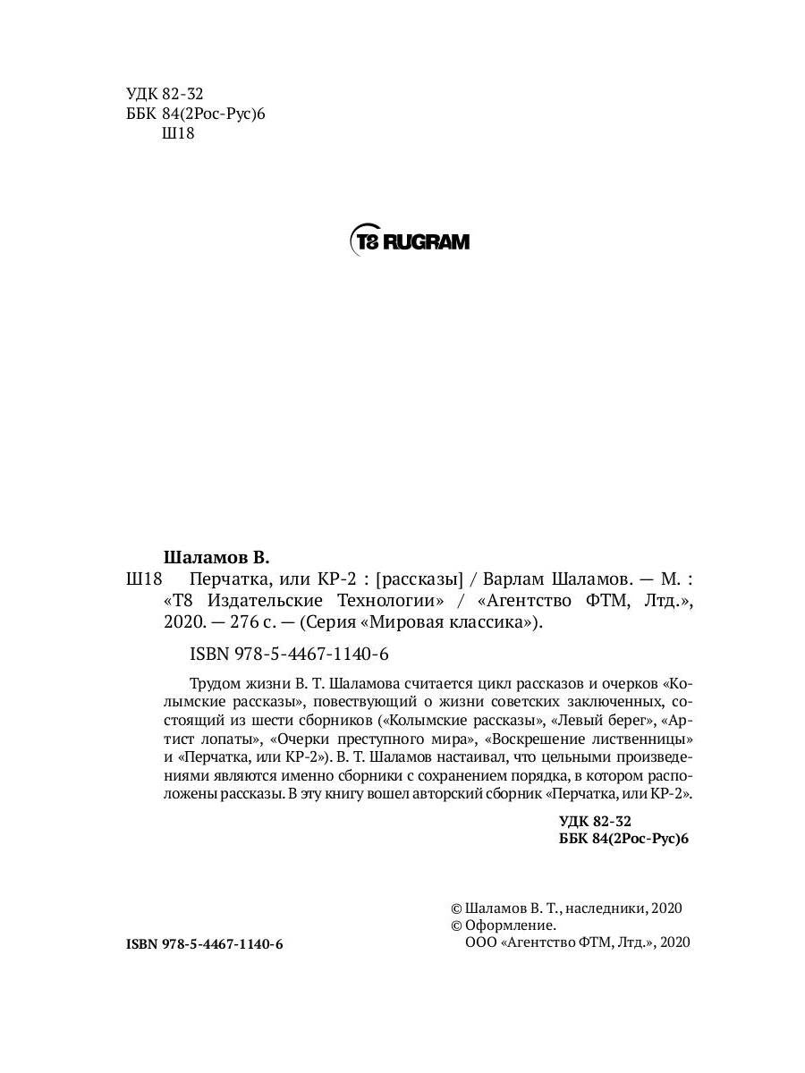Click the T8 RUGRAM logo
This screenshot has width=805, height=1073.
[x=408, y=241]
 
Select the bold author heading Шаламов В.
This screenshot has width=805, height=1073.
[x=218, y=555]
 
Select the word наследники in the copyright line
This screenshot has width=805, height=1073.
[x=609, y=908]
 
